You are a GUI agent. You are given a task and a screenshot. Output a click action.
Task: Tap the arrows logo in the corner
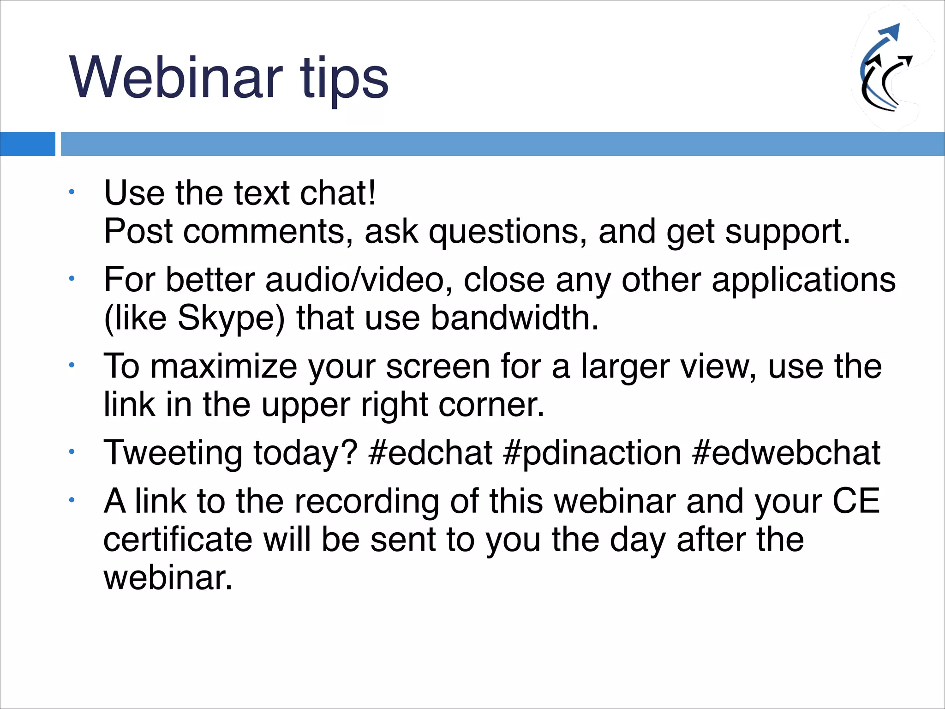(886, 69)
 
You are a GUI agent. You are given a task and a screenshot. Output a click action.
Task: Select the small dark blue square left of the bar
(27, 144)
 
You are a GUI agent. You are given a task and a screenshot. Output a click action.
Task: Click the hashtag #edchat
(431, 453)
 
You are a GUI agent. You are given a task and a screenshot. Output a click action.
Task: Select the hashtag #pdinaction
(592, 453)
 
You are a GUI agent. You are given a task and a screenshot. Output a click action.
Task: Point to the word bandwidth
(514, 318)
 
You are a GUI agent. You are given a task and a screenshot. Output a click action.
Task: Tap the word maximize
(223, 367)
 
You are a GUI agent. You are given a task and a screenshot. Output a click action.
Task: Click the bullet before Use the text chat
(72, 192)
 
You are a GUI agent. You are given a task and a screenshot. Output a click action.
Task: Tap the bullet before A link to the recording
(72, 500)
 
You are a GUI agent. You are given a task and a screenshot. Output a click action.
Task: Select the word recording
(366, 502)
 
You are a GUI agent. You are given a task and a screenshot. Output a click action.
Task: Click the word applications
(803, 280)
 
